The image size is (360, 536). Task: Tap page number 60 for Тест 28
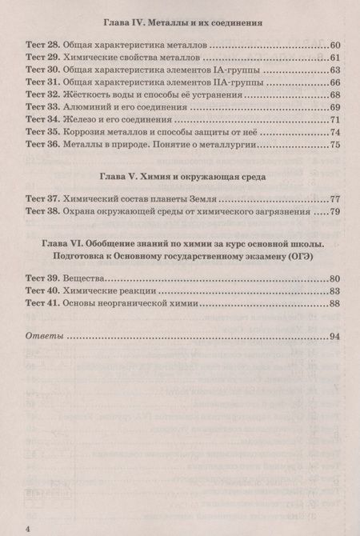(335, 50)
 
